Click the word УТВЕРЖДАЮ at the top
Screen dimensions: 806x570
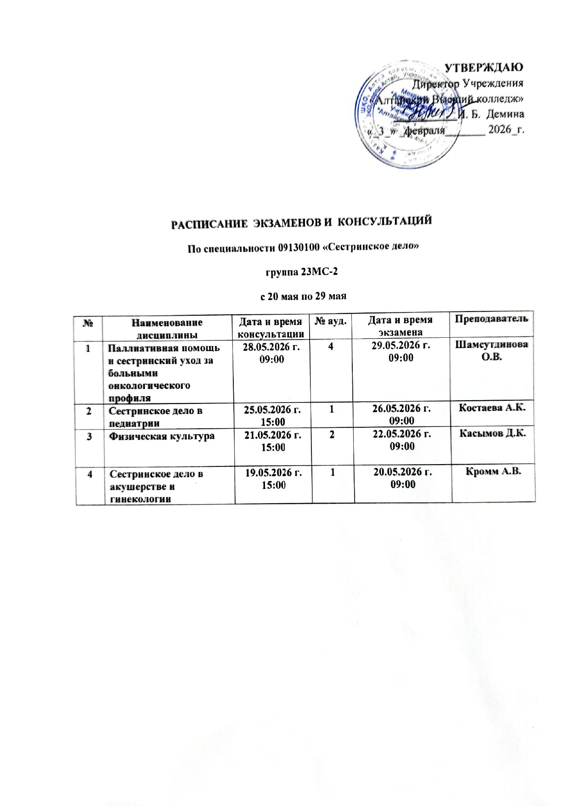(484, 68)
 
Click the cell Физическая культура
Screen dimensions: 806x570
(161, 436)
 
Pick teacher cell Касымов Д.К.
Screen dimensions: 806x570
(494, 435)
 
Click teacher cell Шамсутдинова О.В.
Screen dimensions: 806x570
(494, 351)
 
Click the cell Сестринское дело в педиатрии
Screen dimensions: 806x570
(155, 416)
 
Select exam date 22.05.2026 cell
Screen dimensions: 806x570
(403, 440)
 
